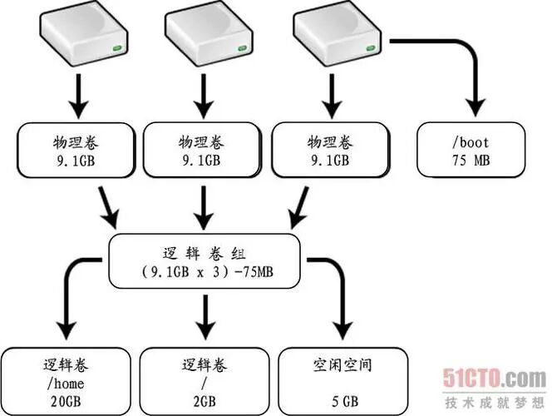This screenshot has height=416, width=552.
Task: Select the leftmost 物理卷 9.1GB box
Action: pyautogui.click(x=74, y=149)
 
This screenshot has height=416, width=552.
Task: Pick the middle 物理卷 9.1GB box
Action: pyautogui.click(x=201, y=149)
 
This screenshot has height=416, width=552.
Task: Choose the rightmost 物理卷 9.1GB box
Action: pyautogui.click(x=328, y=149)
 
